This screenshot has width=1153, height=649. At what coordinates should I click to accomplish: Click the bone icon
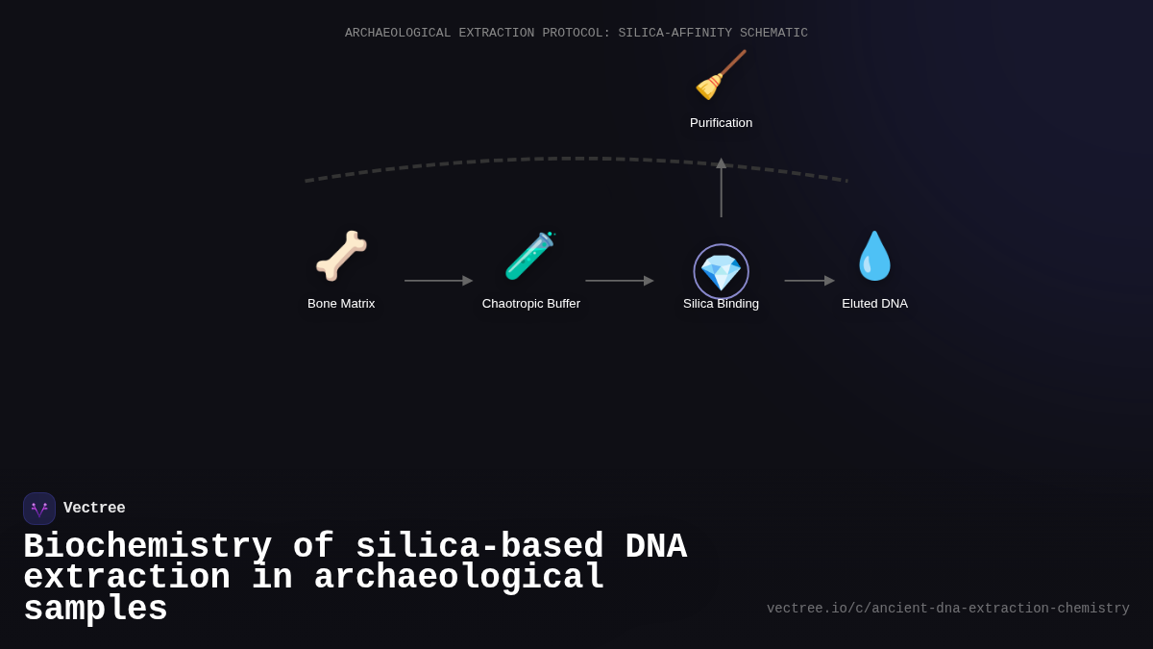[341, 256]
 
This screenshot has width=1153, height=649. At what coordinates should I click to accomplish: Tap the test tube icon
[529, 256]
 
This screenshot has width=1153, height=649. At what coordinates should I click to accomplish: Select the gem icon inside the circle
[721, 272]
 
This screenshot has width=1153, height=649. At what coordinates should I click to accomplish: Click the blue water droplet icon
[874, 256]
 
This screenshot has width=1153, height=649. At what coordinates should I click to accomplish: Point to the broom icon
[721, 75]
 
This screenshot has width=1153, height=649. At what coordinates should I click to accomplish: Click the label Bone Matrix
[341, 304]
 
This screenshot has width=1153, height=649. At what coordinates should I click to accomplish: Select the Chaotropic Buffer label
[531, 304]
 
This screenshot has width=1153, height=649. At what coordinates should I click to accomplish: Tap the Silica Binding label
[721, 304]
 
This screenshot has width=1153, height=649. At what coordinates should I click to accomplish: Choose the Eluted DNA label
[874, 304]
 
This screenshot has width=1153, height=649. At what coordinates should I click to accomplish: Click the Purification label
[721, 123]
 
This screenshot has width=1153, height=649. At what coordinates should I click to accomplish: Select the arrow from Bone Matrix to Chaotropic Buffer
[438, 281]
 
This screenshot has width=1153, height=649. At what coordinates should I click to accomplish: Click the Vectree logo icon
[39, 509]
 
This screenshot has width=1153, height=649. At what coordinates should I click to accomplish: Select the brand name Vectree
[94, 509]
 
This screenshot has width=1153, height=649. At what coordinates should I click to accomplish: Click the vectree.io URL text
[947, 609]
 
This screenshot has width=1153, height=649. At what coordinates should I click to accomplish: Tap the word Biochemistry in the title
[147, 546]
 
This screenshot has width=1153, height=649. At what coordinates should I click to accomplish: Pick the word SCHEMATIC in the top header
[773, 33]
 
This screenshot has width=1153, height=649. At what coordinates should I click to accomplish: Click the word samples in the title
[95, 610]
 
